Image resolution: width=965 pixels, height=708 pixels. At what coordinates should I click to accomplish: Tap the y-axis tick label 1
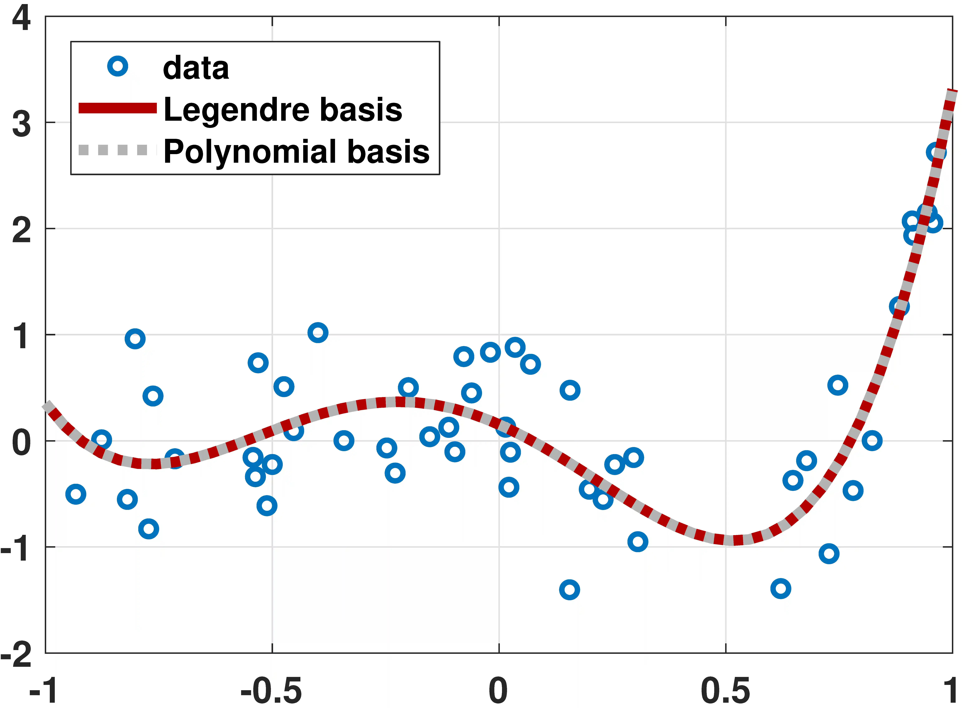click(x=21, y=336)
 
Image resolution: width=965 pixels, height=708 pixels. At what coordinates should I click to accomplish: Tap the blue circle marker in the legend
click(x=118, y=66)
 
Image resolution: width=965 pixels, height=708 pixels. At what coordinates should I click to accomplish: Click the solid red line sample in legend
click(x=118, y=108)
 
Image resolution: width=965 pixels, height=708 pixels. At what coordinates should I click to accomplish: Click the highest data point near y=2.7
click(x=936, y=152)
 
